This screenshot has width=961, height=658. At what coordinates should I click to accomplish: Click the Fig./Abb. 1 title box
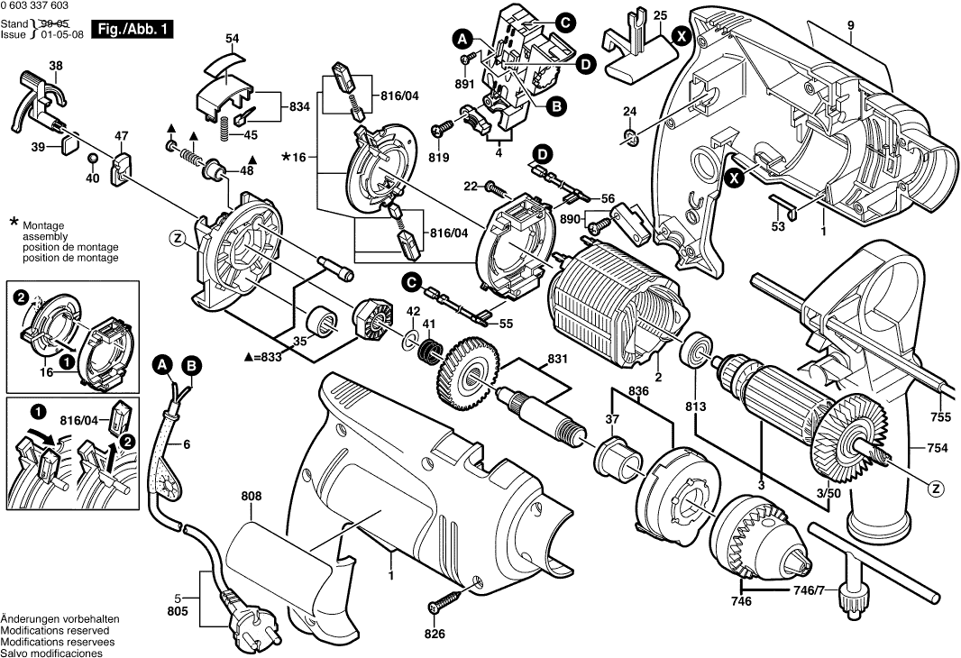coord(135,30)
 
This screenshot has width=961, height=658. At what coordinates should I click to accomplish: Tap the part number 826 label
coord(435,635)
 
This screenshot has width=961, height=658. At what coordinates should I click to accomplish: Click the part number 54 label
coord(233,38)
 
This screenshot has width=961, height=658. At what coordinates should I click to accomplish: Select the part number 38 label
coord(56,66)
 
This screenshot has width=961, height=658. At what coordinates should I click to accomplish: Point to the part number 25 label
coord(660,16)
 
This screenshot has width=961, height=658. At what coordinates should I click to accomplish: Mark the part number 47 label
coord(121,136)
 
